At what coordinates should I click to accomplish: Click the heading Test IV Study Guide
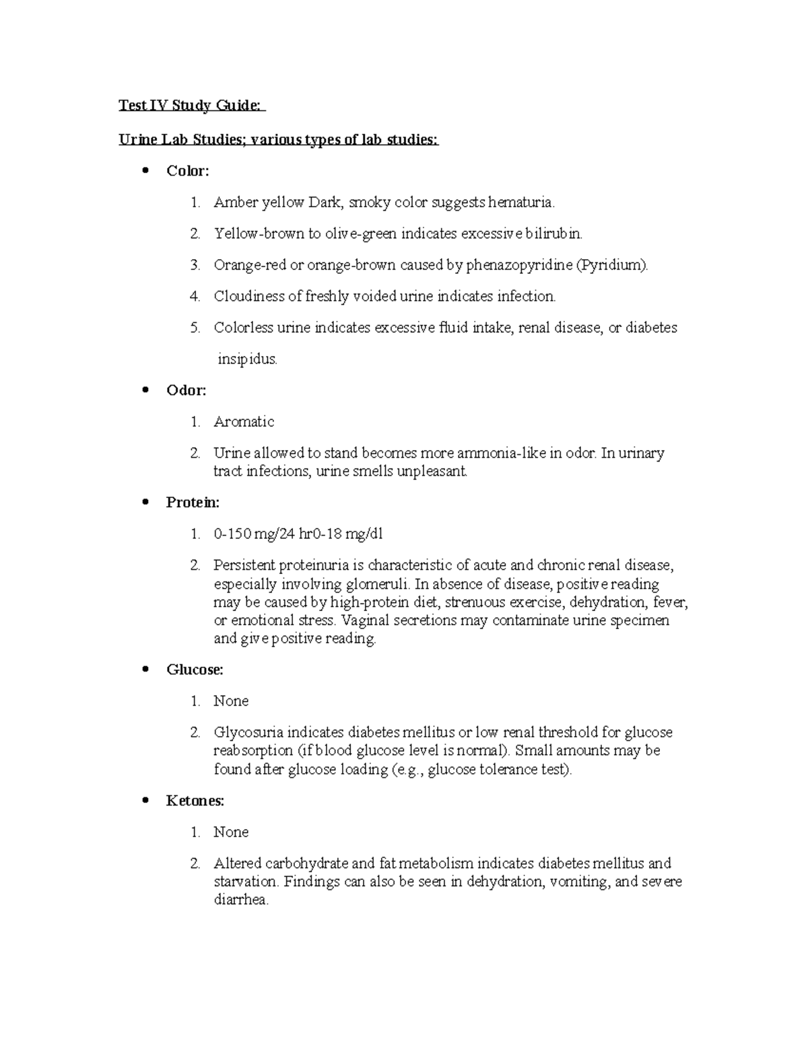192,106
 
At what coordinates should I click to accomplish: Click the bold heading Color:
188,171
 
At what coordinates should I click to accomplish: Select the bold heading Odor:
186,390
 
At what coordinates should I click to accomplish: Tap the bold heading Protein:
193,502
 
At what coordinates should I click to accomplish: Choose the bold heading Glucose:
195,670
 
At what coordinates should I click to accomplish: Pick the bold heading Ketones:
195,801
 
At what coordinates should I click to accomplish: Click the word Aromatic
244,422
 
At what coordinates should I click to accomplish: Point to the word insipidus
247,359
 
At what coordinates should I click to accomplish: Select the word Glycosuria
248,732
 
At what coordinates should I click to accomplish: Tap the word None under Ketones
231,832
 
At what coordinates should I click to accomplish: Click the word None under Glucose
231,701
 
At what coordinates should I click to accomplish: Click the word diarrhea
241,900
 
